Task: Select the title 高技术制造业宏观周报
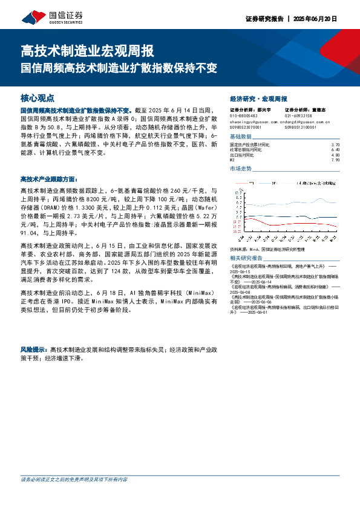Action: (88, 50)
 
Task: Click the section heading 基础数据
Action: (240, 136)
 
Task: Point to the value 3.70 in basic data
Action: (336, 146)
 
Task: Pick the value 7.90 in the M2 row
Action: (336, 160)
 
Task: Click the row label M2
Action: (232, 160)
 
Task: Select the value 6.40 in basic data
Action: (336, 151)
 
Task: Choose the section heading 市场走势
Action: (240, 169)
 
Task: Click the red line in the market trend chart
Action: (284, 222)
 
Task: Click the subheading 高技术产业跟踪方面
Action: (49, 179)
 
